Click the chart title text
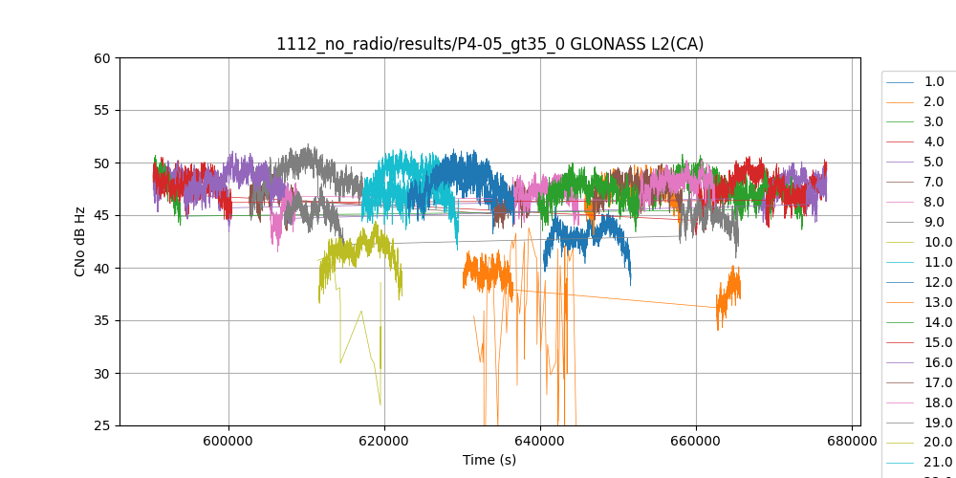pyautogui.click(x=489, y=44)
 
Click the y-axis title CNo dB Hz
pyautogui.click(x=81, y=241)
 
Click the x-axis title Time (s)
pyautogui.click(x=489, y=460)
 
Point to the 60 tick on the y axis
pyautogui.click(x=101, y=57)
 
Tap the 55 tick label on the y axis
pyautogui.click(x=101, y=110)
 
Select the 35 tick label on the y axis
pyautogui.click(x=101, y=320)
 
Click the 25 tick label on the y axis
pyautogui.click(x=101, y=425)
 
